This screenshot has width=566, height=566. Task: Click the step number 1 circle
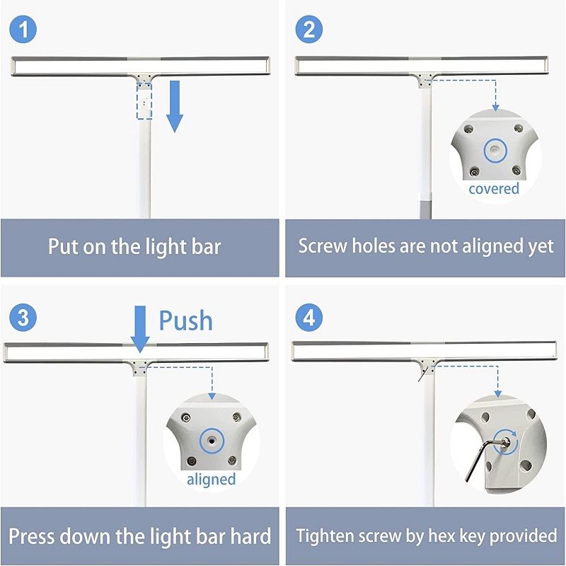click(x=23, y=30)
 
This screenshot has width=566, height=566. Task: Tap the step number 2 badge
click(x=309, y=30)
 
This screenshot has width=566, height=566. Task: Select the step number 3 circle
click(x=23, y=318)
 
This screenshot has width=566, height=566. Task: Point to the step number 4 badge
click(x=309, y=318)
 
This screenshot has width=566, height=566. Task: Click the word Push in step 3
click(x=186, y=320)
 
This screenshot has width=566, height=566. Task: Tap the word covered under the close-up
click(x=494, y=188)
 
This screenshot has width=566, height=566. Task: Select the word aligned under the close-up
click(x=211, y=480)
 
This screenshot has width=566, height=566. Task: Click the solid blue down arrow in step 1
click(x=175, y=107)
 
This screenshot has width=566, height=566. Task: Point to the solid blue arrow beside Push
click(x=140, y=329)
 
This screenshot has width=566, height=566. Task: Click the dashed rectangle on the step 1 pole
click(x=144, y=101)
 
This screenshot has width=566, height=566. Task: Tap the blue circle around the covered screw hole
click(x=496, y=151)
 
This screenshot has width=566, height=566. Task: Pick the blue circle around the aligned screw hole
click(x=212, y=441)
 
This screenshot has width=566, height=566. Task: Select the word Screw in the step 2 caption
click(x=323, y=246)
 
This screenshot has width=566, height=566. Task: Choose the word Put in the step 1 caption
click(x=63, y=246)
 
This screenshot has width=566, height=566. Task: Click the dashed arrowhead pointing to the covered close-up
click(x=496, y=107)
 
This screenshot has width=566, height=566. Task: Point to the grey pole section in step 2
click(x=425, y=207)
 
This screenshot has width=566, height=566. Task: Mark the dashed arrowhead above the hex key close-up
click(x=498, y=394)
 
